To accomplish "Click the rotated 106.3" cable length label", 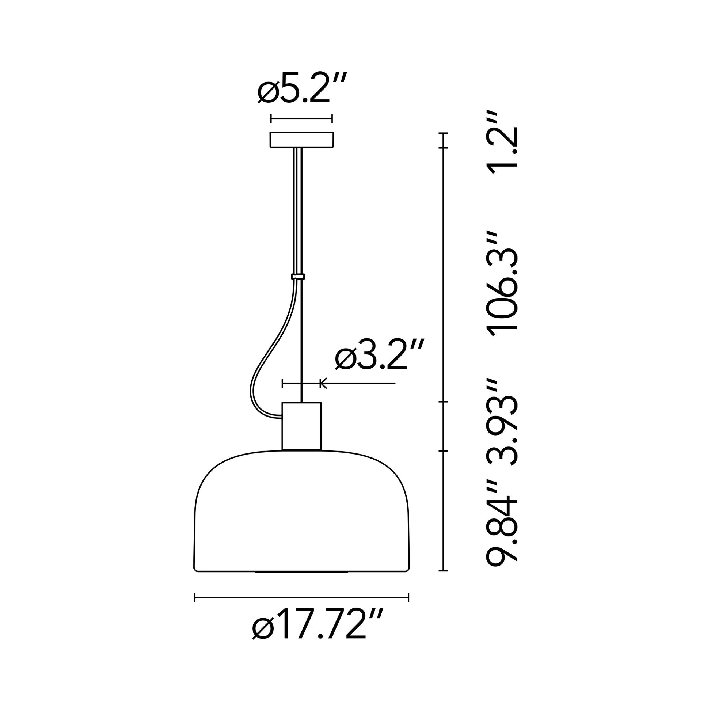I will (502, 284).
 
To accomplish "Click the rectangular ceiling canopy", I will (302, 140).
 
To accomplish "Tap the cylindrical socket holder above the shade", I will (301, 426).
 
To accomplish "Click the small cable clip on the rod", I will (298, 276).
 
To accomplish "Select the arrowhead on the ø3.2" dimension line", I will (323, 384).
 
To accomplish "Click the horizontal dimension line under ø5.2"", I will (302, 118).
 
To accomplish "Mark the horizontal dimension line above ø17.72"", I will (301, 598).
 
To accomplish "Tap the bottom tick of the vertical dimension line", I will (444, 571).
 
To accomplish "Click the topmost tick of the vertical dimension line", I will (444, 133).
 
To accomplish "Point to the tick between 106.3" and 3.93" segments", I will (444, 402).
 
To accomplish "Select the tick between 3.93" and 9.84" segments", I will (444, 451).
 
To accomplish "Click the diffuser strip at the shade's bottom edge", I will (301, 572).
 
